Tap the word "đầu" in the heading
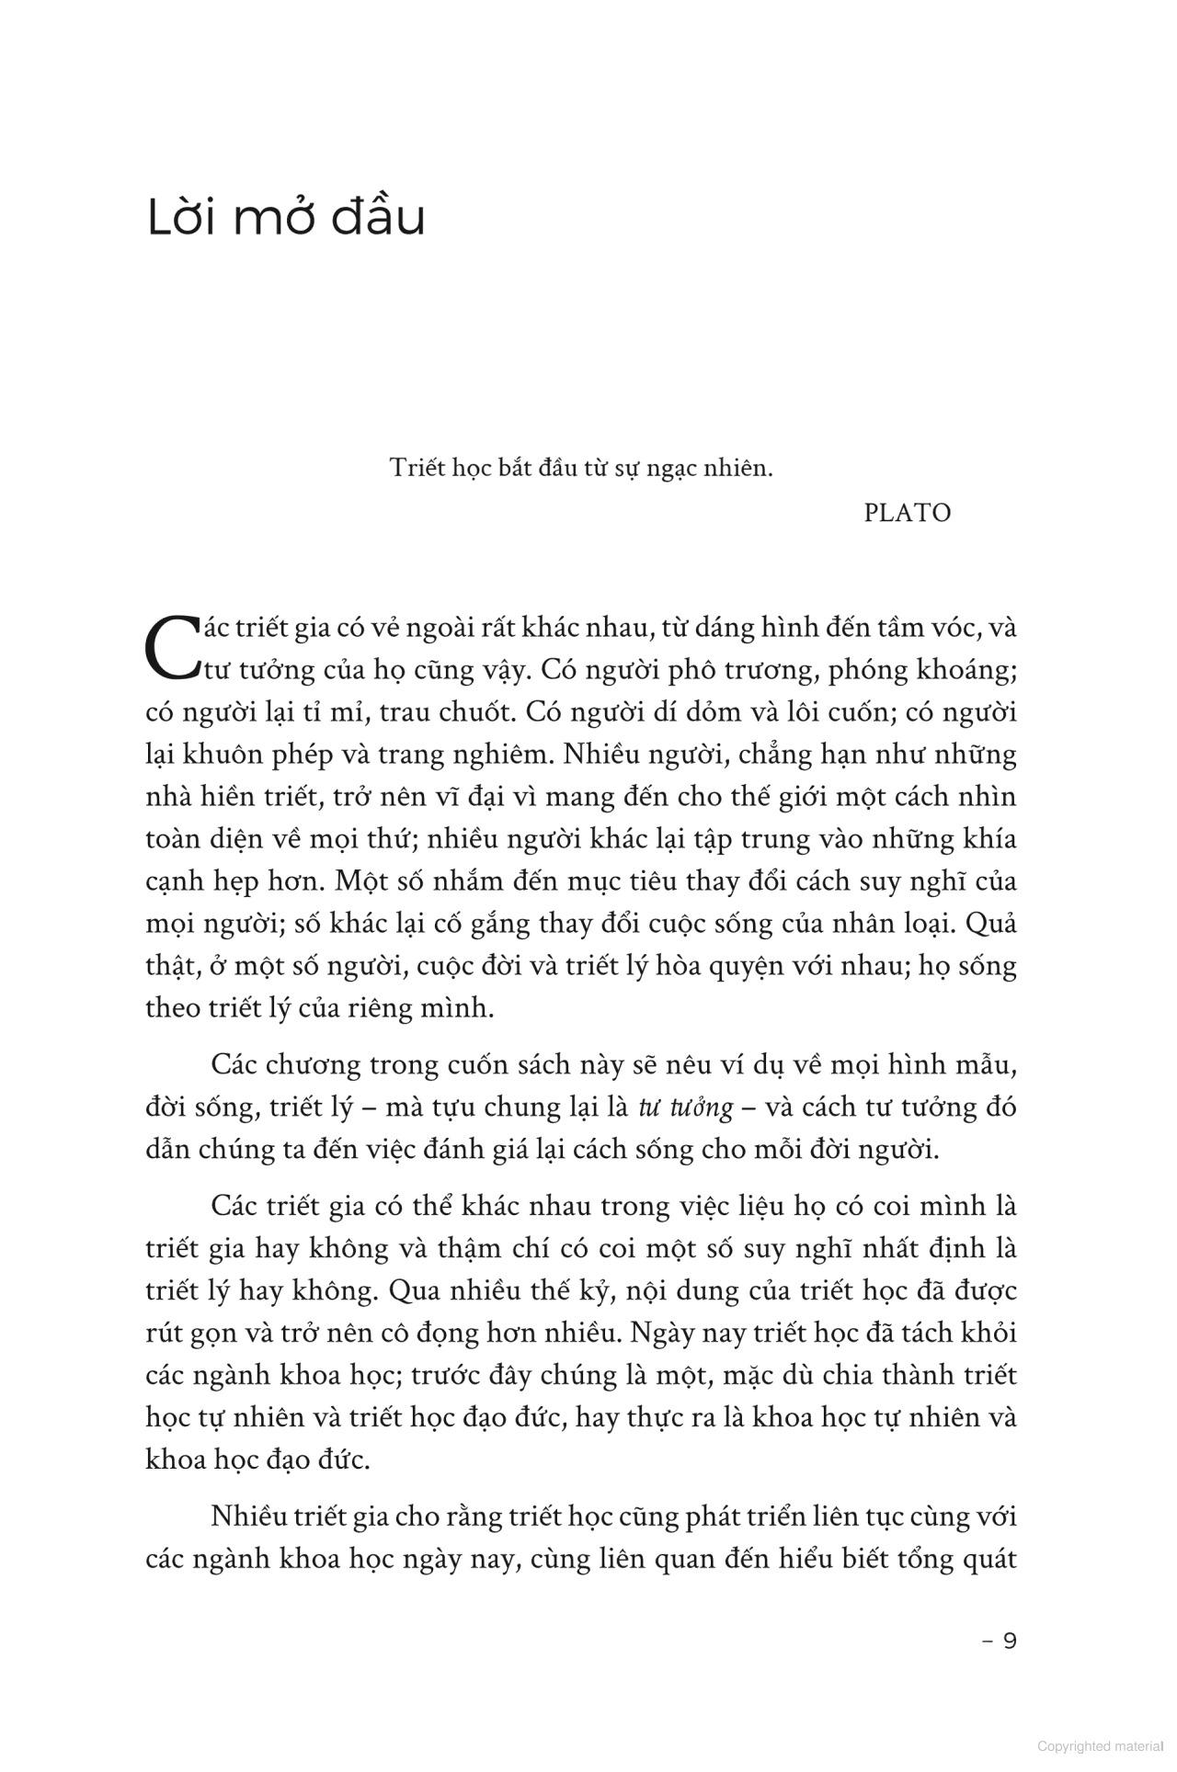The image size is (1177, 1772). [383, 219]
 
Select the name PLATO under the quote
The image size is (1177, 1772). [907, 513]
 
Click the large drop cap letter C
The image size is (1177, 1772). [173, 647]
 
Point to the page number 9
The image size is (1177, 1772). [1009, 1641]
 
